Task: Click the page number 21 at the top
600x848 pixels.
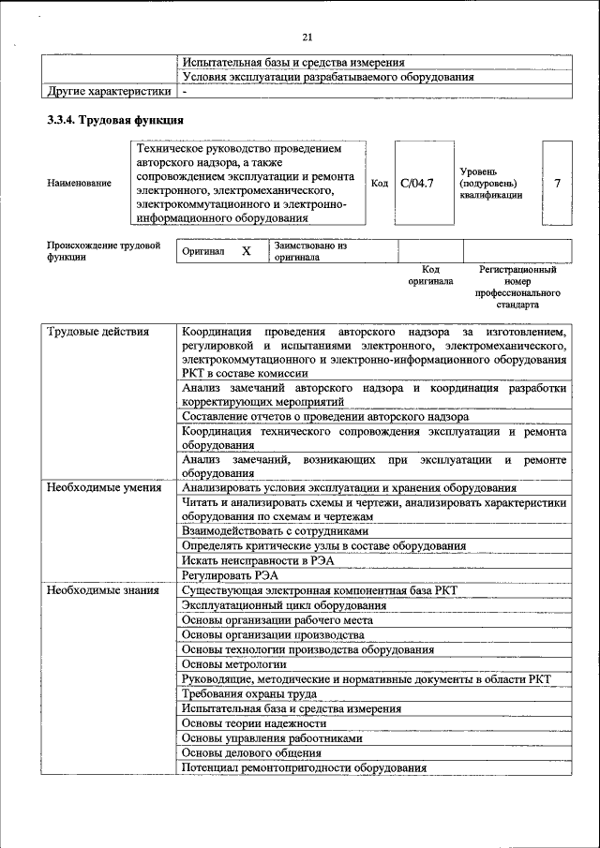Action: click(x=306, y=37)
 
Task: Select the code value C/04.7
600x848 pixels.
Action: click(x=416, y=183)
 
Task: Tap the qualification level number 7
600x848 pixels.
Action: click(x=557, y=183)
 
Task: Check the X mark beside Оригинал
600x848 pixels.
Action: click(x=246, y=252)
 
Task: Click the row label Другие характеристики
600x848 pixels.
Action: click(x=110, y=92)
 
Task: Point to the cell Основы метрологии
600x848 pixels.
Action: click(x=234, y=663)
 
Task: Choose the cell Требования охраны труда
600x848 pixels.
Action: click(x=249, y=693)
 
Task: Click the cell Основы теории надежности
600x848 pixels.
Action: click(x=254, y=723)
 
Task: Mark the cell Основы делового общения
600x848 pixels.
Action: click(x=251, y=752)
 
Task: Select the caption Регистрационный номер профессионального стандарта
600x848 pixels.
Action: click(x=517, y=287)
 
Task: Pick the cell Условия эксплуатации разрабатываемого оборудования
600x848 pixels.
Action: click(x=327, y=77)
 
